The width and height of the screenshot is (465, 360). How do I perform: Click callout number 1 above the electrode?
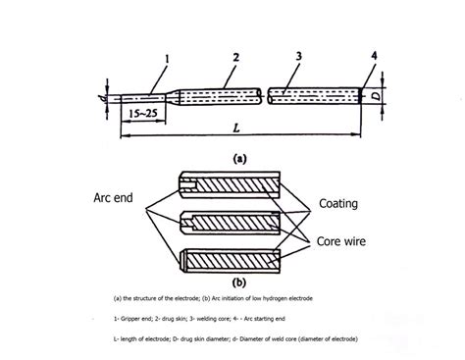coord(168,60)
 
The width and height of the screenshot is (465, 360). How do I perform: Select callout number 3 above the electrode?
coord(296,58)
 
